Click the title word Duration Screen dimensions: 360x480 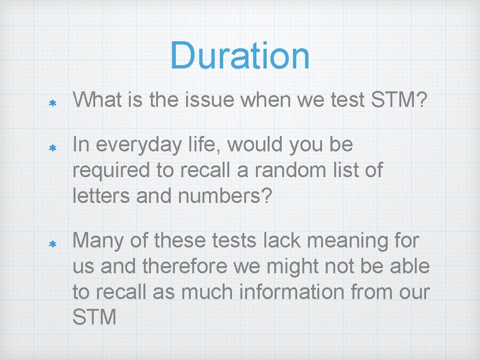[240, 55]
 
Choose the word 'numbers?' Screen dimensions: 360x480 [225, 196]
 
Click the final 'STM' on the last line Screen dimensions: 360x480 [95, 317]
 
